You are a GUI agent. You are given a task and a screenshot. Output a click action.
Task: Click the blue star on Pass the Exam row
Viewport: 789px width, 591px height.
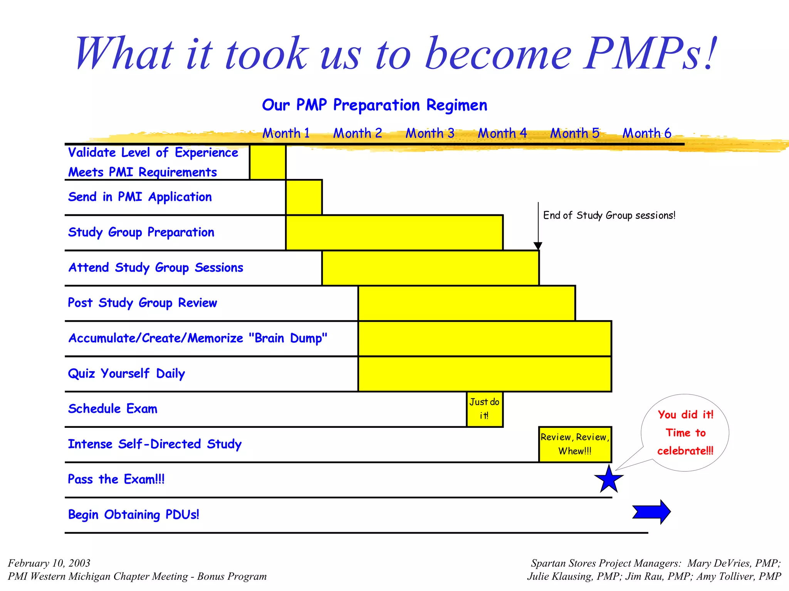(609, 479)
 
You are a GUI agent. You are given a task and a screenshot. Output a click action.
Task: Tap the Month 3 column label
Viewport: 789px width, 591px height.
(430, 133)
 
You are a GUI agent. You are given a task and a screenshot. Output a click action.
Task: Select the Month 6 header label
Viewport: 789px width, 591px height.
(647, 133)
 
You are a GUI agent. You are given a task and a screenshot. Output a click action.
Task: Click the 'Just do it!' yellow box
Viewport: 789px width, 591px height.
(485, 409)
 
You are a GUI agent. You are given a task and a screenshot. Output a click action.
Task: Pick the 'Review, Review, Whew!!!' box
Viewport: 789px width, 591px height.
(575, 444)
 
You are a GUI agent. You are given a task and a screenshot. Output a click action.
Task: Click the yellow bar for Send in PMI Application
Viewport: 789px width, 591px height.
(304, 197)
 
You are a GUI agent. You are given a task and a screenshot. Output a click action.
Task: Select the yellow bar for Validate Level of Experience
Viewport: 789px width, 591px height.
(268, 162)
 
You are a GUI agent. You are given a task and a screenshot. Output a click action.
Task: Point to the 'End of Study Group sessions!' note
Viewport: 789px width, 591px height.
(609, 215)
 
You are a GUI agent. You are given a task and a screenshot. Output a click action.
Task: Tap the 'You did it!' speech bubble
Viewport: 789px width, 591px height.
(685, 432)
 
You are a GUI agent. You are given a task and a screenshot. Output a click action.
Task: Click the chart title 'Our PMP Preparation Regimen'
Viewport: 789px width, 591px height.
(374, 105)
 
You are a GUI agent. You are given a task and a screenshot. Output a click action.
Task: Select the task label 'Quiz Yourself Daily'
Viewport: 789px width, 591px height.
(126, 374)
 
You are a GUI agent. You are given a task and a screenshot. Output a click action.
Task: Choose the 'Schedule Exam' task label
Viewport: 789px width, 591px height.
(112, 409)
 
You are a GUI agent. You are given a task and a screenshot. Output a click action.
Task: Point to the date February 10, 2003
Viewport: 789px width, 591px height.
(49, 563)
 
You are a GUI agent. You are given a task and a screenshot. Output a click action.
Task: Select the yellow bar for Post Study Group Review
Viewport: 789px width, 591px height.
(467, 303)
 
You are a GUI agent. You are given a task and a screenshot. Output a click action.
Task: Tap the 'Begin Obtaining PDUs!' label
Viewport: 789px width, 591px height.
(133, 515)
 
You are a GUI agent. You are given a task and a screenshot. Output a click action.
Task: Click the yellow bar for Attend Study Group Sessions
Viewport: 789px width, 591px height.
(430, 268)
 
